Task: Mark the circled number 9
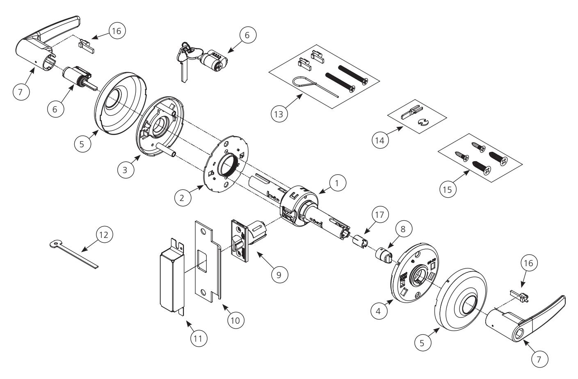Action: pos(279,274)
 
